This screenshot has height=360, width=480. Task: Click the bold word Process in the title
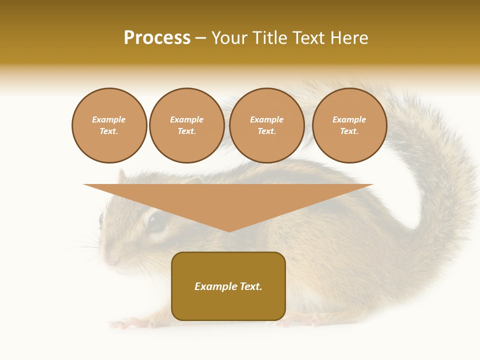click(x=157, y=38)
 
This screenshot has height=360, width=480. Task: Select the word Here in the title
click(x=348, y=38)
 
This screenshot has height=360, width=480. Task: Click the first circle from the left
click(x=109, y=125)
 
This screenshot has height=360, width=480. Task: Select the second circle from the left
click(x=186, y=125)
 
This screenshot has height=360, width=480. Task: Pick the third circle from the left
click(x=266, y=125)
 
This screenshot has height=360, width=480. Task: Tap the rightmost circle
click(x=349, y=125)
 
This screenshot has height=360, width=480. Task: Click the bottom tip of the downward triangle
click(x=229, y=230)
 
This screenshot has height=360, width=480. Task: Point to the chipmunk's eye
click(x=157, y=221)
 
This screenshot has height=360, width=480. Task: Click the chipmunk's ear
click(x=121, y=176)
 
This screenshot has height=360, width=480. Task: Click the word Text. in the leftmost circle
click(x=109, y=131)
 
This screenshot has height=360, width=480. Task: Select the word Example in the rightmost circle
click(x=349, y=119)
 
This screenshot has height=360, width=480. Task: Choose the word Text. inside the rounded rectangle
click(x=250, y=286)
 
